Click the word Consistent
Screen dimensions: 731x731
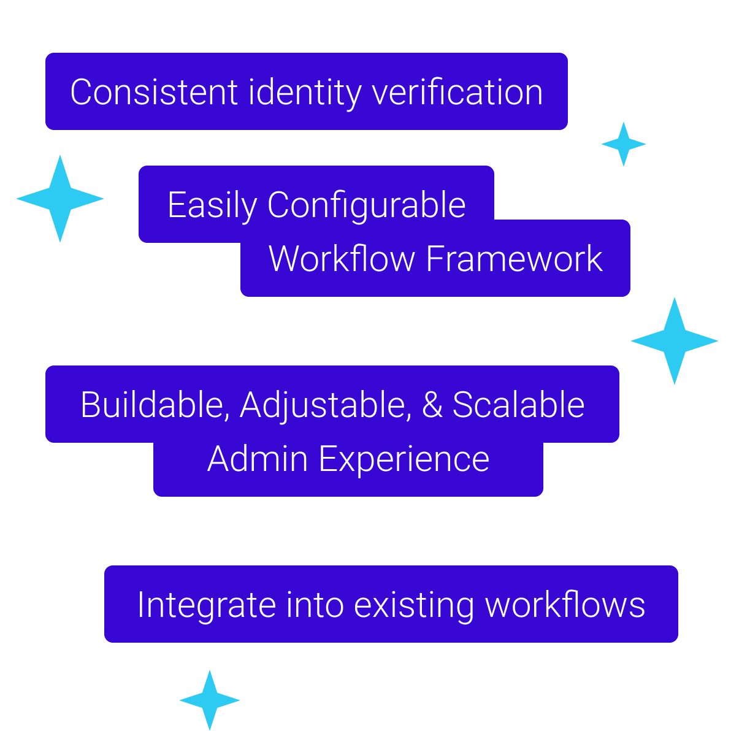point(155,93)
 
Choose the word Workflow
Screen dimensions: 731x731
point(342,258)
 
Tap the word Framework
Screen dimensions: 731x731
point(515,258)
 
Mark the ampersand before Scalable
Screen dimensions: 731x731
point(432,405)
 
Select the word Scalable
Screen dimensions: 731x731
point(518,404)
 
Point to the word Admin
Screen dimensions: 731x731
point(258,459)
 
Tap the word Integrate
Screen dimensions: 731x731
point(207,606)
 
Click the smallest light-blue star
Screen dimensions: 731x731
point(624,144)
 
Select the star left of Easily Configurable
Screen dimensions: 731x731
point(60,199)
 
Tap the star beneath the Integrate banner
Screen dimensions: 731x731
point(210,700)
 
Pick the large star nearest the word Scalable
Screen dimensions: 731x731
point(675,341)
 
